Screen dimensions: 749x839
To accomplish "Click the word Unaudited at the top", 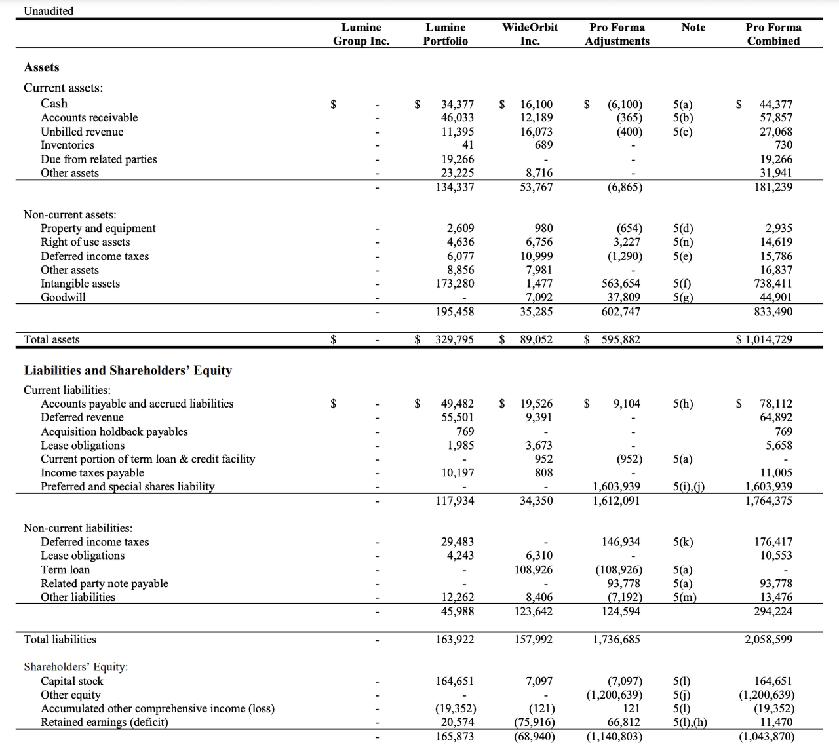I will click(x=49, y=11).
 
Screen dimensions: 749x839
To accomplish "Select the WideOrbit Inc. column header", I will click(x=530, y=34).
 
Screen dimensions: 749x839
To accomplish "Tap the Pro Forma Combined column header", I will click(x=773, y=34).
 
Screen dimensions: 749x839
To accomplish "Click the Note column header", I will click(x=693, y=28).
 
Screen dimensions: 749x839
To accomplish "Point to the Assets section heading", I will click(x=41, y=67).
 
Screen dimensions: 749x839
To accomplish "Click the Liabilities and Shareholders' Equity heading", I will click(x=128, y=370).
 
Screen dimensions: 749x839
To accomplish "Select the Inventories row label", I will click(x=67, y=145).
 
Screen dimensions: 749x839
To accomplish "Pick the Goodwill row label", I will click(x=63, y=297).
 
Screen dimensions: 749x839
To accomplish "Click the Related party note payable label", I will click(x=104, y=583).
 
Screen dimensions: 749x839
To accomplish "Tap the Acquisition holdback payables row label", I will click(x=114, y=431).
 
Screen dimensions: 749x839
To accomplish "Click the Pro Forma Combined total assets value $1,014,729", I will click(x=764, y=339).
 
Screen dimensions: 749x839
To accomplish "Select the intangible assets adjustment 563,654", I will click(x=621, y=284).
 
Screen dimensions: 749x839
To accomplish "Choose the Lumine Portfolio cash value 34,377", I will click(x=457, y=104).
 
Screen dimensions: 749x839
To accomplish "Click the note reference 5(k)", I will click(x=682, y=542).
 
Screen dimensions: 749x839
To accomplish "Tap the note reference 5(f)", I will click(x=682, y=284).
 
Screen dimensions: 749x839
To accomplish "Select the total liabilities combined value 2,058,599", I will click(x=768, y=639).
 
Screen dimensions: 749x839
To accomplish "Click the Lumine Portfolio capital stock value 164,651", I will click(x=454, y=681).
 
